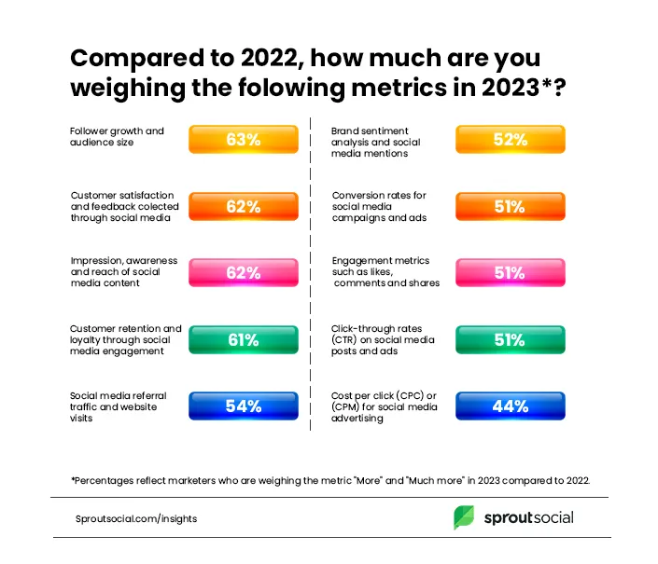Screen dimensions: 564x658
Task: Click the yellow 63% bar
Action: coord(243,140)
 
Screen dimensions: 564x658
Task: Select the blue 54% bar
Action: coord(243,406)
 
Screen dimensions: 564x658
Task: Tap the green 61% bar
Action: coord(243,340)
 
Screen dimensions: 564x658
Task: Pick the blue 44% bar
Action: coord(510,406)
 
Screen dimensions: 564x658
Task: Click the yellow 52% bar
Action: coord(510,140)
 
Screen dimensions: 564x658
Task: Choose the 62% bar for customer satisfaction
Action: coord(243,207)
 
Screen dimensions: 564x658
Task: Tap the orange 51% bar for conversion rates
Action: coord(510,207)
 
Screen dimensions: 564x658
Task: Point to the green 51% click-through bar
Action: coord(510,340)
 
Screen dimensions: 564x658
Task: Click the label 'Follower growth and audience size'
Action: coord(117,137)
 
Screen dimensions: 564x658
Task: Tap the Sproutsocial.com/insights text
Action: coord(136,518)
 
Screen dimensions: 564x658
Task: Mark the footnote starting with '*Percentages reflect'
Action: coord(330,479)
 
